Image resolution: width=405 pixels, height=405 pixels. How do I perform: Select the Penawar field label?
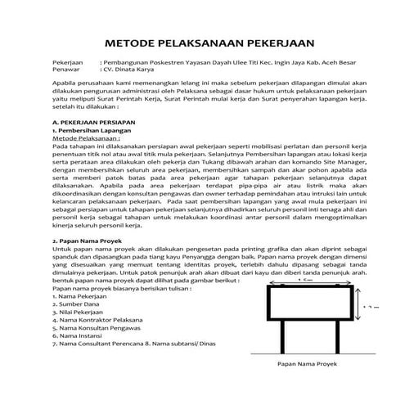coord(66,71)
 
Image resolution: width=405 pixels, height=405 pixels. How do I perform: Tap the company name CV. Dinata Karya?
coord(128,71)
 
